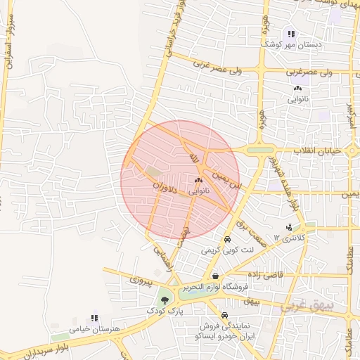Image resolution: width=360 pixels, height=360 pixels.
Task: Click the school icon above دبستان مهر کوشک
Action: (x=291, y=34)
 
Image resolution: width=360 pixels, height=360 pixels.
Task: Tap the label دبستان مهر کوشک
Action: (x=291, y=44)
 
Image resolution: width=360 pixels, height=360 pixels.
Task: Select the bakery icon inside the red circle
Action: (x=198, y=181)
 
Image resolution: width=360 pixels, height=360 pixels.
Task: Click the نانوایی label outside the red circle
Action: (x=297, y=99)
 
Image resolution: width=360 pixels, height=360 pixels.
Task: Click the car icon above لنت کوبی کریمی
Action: (x=226, y=240)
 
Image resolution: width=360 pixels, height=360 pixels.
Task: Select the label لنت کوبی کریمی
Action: (x=221, y=250)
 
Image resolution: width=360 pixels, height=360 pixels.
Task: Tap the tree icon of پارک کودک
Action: (x=165, y=300)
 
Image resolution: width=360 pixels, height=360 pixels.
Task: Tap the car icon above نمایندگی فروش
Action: (x=224, y=316)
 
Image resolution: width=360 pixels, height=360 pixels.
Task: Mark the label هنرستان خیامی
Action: (x=95, y=328)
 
